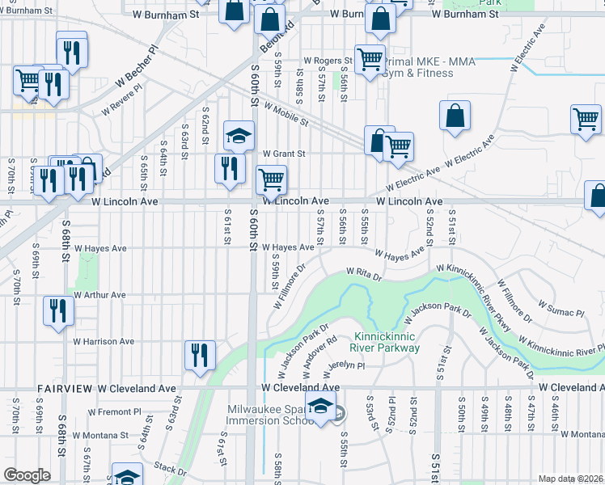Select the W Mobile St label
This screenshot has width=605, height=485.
(286, 116)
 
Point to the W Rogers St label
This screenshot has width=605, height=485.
(328, 61)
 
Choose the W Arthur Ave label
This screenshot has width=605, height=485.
(99, 295)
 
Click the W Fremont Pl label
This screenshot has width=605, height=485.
(115, 411)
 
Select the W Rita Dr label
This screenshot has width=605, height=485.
(363, 273)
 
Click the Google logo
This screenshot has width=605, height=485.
(27, 474)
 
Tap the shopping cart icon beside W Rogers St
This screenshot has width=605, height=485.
(370, 59)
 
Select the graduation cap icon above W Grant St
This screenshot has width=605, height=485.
(239, 137)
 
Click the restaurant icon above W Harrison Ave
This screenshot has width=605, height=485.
(58, 310)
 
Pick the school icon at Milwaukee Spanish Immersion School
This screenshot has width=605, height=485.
(321, 408)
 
